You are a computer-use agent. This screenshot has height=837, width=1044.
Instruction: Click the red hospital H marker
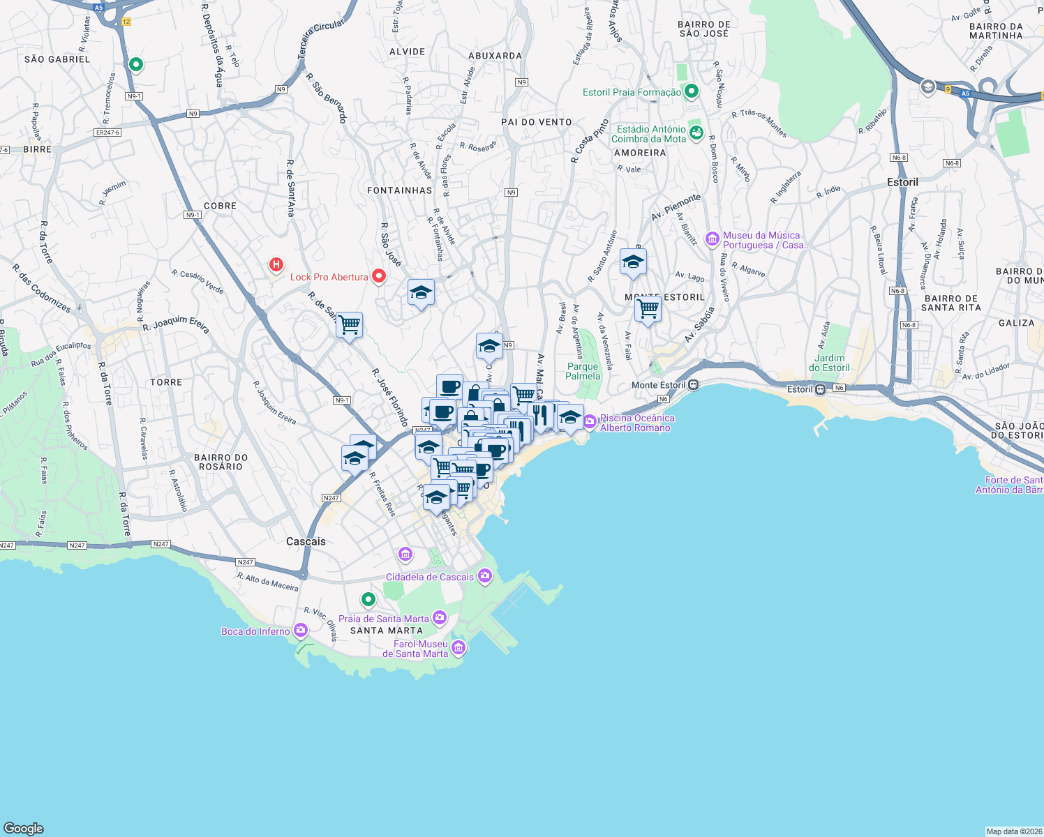click(x=276, y=264)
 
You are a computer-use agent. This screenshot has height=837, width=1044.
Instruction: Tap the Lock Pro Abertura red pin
click(x=379, y=276)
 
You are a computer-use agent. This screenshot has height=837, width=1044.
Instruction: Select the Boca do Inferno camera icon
click(x=301, y=631)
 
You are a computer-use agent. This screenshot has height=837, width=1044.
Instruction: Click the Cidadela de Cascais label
click(x=429, y=577)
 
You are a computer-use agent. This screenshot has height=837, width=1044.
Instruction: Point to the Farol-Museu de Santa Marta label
click(x=415, y=649)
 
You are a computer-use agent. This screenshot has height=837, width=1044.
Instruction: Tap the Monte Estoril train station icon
click(x=693, y=385)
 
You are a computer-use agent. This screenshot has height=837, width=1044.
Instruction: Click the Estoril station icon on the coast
click(x=821, y=389)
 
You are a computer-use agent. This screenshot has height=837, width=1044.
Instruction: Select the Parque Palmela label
click(x=583, y=371)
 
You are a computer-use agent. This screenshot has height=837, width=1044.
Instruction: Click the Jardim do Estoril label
click(x=829, y=363)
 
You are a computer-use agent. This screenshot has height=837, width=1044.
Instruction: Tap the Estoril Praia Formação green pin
click(x=692, y=91)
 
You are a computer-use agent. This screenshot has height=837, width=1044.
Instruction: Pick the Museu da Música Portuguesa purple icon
click(x=713, y=239)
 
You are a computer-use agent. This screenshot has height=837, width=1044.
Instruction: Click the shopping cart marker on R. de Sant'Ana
click(x=349, y=324)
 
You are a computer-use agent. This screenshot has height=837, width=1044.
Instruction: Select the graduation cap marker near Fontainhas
click(x=421, y=293)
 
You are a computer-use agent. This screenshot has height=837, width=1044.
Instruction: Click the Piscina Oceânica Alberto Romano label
click(x=637, y=423)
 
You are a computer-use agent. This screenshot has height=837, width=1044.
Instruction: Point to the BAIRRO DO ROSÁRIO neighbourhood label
click(x=221, y=462)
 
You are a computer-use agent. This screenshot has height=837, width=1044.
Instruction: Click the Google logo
click(x=24, y=828)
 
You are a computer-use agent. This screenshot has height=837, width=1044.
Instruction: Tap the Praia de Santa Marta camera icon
click(x=440, y=617)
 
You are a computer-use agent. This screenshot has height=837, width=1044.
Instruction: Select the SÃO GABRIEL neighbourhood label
click(x=57, y=59)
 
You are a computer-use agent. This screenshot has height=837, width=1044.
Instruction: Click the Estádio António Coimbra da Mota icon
click(x=696, y=132)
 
